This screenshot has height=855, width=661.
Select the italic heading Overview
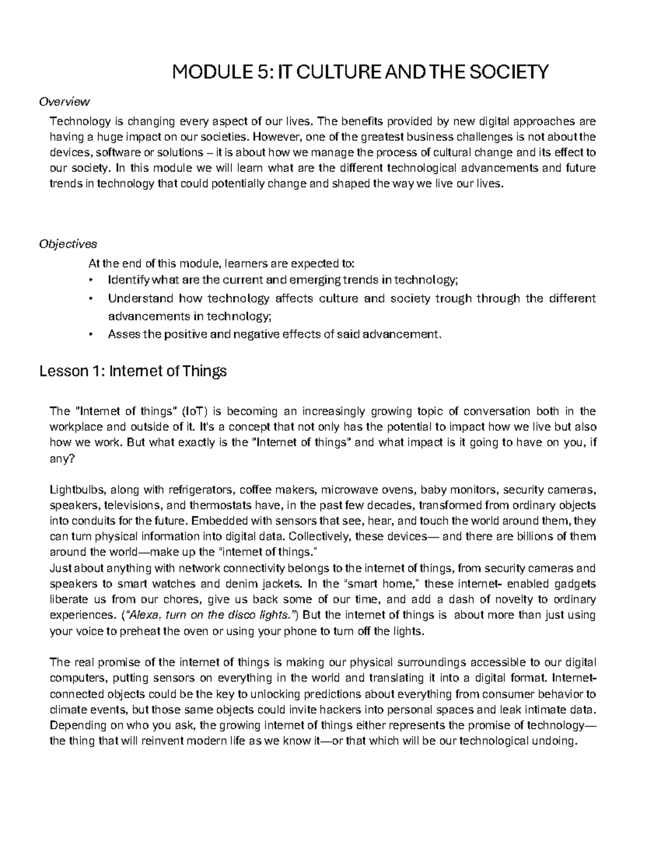tap(64, 101)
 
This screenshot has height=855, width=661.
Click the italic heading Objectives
tap(68, 243)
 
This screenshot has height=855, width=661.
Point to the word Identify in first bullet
tap(128, 280)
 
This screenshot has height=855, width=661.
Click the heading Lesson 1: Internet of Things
tap(133, 372)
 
